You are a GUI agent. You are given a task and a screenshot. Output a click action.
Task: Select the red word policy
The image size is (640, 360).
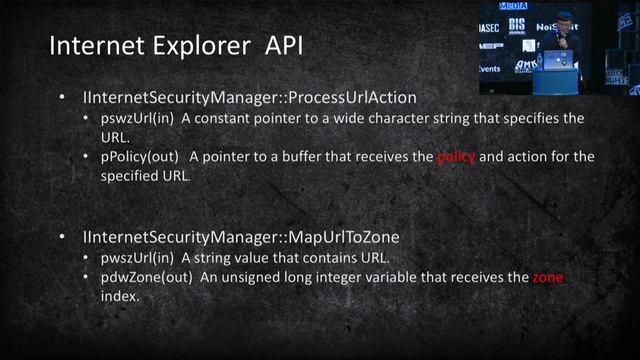456,158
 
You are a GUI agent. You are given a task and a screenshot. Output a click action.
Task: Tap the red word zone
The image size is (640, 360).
547,278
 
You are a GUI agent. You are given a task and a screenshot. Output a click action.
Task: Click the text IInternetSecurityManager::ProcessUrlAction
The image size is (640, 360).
250,98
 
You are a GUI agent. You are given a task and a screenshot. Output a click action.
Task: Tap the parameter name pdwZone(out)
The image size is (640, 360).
147,278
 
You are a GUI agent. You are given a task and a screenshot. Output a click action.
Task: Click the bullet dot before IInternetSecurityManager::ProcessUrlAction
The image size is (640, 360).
62,98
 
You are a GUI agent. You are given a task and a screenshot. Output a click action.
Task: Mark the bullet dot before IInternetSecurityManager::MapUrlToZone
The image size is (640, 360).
62,238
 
